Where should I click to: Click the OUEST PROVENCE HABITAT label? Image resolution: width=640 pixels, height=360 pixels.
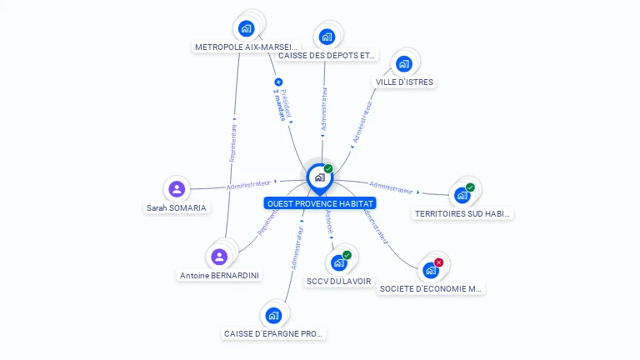click(320, 203)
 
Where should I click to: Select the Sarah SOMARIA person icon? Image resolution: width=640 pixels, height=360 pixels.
click(177, 189)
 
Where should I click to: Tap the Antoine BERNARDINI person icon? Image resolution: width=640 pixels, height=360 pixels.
click(219, 256)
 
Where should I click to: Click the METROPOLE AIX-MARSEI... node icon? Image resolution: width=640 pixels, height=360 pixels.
click(246, 28)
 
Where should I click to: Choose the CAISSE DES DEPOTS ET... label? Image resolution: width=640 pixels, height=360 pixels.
click(327, 56)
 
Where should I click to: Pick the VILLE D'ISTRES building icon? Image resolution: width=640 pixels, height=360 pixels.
click(404, 63)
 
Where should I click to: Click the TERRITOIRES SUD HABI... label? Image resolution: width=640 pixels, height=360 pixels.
click(462, 214)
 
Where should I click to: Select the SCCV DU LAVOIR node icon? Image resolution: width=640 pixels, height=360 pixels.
click(338, 262)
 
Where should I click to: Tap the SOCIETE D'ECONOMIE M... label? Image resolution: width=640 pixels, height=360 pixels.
click(431, 289)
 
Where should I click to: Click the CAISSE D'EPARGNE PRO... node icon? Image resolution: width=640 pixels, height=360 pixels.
click(273, 315)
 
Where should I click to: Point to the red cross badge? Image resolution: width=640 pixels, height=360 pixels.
click(439, 262)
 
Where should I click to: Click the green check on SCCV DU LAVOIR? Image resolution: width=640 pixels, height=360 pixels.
click(347, 255)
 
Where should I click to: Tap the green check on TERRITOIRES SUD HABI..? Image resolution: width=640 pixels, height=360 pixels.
click(470, 187)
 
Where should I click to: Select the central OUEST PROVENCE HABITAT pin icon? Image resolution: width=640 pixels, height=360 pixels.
click(319, 177)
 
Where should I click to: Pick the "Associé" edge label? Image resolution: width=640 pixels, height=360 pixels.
click(329, 221)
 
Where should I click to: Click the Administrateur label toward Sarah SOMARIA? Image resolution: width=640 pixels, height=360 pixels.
click(248, 183)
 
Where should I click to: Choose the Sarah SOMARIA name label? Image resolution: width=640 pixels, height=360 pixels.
click(177, 208)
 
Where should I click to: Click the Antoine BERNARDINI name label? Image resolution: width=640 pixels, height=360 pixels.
click(219, 275)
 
